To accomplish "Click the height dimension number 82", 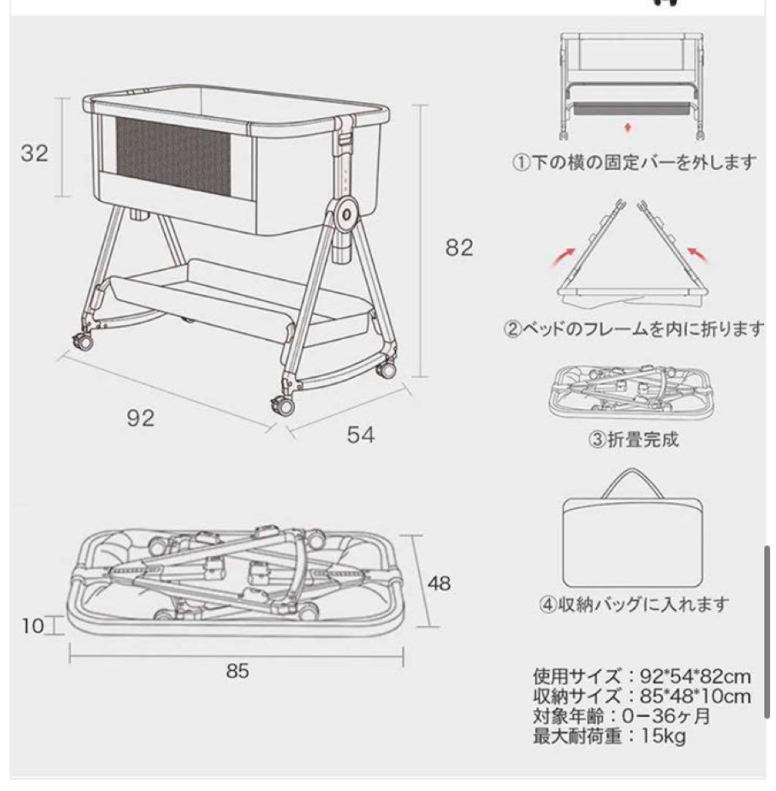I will coord(459,248).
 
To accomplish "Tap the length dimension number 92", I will coord(140,417).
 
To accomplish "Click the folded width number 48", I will coord(439,583).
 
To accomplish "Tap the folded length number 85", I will coord(237,671).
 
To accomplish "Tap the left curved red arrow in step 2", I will coord(564,259).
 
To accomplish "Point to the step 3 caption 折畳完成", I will coord(634,439).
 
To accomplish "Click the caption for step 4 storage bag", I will coord(635,605).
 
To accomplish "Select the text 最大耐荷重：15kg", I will coord(609,736).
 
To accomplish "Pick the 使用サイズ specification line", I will coord(641,675).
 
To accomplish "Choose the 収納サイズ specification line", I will coord(641,695).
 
